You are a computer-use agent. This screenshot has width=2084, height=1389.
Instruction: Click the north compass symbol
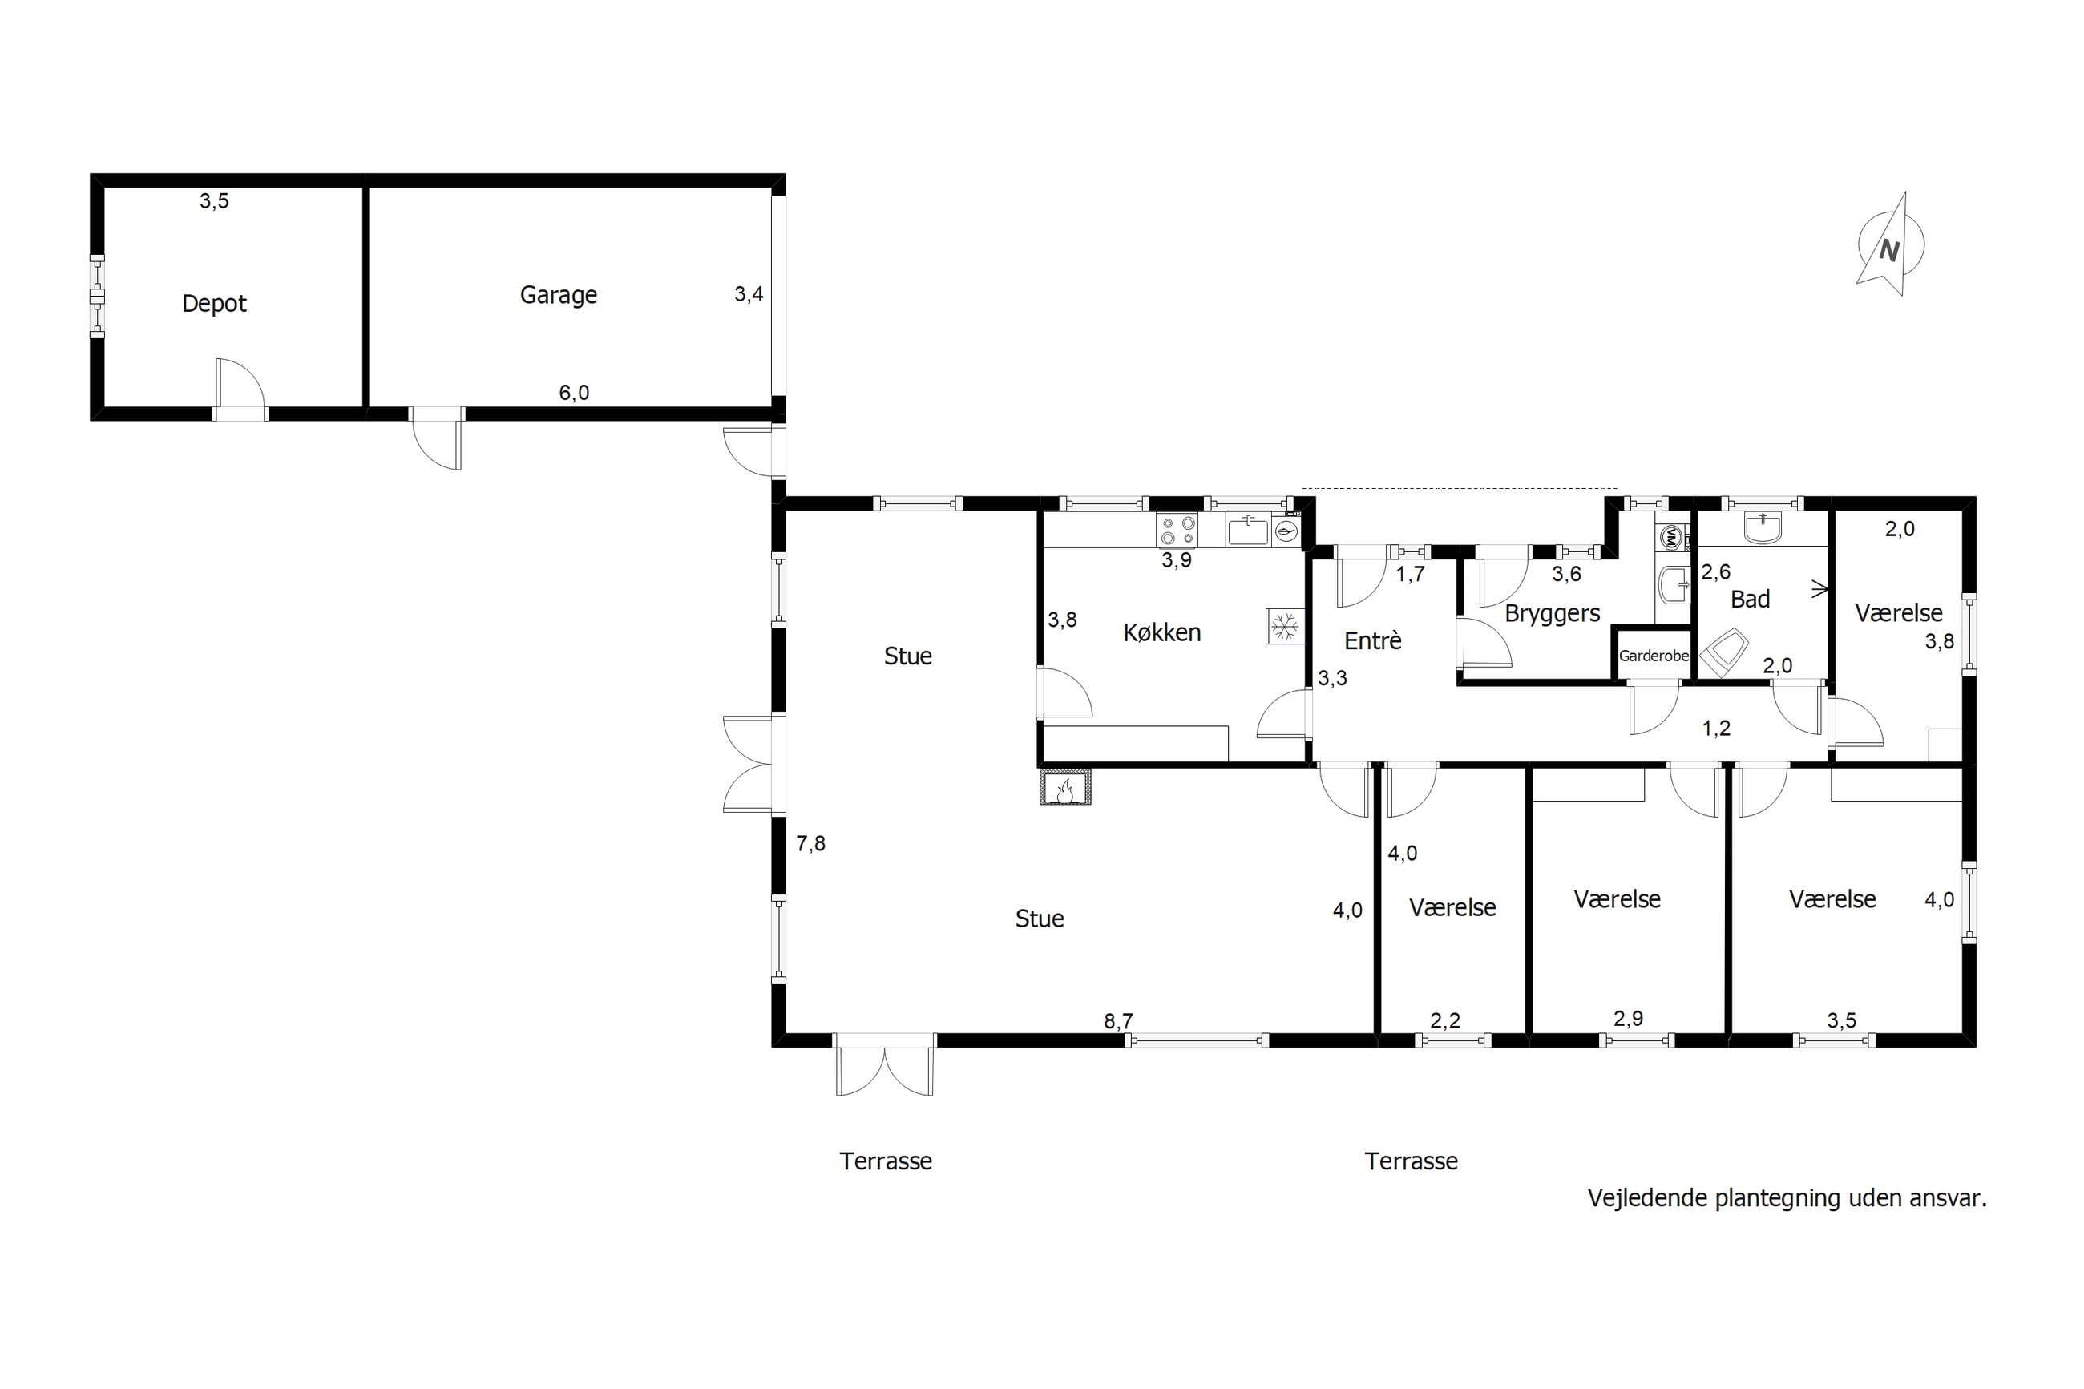pyautogui.click(x=1890, y=245)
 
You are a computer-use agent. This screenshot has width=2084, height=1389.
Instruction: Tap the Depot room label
pyautogui.click(x=214, y=304)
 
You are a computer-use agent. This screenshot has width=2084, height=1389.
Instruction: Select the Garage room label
pyautogui.click(x=558, y=295)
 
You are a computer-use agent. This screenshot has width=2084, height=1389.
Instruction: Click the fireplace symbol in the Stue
pyautogui.click(x=1065, y=786)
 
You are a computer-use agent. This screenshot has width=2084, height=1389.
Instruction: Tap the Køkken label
pyautogui.click(x=1162, y=632)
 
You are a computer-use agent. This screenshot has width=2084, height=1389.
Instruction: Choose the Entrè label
pyautogui.click(x=1373, y=640)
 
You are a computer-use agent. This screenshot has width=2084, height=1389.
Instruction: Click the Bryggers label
pyautogui.click(x=1553, y=613)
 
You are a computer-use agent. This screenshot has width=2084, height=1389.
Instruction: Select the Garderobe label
pyautogui.click(x=1654, y=656)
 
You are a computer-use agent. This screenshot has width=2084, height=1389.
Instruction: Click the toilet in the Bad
pyautogui.click(x=1723, y=653)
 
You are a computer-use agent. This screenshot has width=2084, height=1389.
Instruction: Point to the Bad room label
pyautogui.click(x=1750, y=600)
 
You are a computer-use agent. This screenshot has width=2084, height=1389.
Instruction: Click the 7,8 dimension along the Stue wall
pyautogui.click(x=810, y=844)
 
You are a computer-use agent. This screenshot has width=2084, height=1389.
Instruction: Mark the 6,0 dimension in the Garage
pyautogui.click(x=574, y=393)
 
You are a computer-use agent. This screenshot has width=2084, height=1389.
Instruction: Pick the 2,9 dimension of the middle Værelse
pyautogui.click(x=1628, y=1019)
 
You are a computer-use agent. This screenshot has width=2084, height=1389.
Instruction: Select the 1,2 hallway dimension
pyautogui.click(x=1715, y=728)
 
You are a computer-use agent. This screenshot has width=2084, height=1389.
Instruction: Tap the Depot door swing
pyautogui.click(x=239, y=384)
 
